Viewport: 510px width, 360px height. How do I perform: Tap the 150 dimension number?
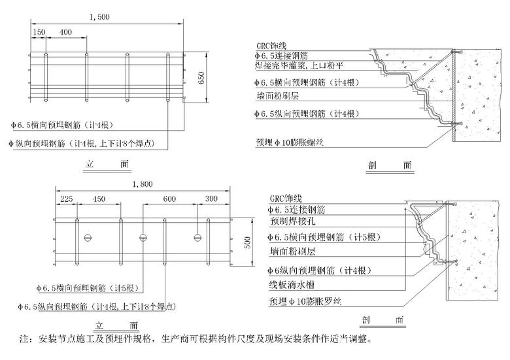click(39, 31)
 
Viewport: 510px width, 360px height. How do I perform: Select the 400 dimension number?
click(65, 31)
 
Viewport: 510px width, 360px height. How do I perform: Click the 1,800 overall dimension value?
click(143, 184)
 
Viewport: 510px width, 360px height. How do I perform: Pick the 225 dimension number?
click(67, 199)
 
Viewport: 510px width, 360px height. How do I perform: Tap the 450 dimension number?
click(99, 199)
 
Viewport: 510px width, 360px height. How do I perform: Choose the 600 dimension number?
click(169, 199)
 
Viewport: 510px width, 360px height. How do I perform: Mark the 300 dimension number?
click(212, 199)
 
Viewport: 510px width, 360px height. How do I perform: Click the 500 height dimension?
click(246, 242)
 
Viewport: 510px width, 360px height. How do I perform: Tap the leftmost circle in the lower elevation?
click(87, 237)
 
